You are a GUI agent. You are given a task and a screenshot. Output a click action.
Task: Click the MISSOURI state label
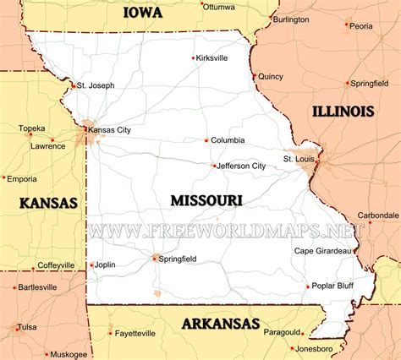(x=206, y=200)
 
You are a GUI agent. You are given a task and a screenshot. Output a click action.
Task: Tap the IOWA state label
(x=142, y=12)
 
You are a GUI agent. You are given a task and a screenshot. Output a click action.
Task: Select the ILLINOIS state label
(x=342, y=112)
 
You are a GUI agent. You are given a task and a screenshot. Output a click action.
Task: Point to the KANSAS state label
(x=48, y=203)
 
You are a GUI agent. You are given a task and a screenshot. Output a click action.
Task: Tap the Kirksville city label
(x=211, y=57)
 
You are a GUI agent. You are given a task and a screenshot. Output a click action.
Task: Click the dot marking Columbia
(x=206, y=140)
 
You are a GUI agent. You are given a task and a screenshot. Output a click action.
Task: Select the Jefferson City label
(x=241, y=166)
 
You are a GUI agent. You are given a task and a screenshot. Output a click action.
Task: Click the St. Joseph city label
(x=96, y=85)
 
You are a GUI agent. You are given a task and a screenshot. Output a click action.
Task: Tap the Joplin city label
(x=105, y=265)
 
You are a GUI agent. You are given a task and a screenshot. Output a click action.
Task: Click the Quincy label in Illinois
(x=270, y=76)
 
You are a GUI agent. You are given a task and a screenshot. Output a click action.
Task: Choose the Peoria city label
(x=360, y=26)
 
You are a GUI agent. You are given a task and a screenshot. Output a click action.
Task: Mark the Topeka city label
(x=32, y=128)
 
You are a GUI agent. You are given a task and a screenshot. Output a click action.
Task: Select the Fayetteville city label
(x=135, y=334)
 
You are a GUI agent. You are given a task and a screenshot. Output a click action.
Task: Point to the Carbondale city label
(x=378, y=215)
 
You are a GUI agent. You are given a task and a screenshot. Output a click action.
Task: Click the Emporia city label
(x=20, y=178)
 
